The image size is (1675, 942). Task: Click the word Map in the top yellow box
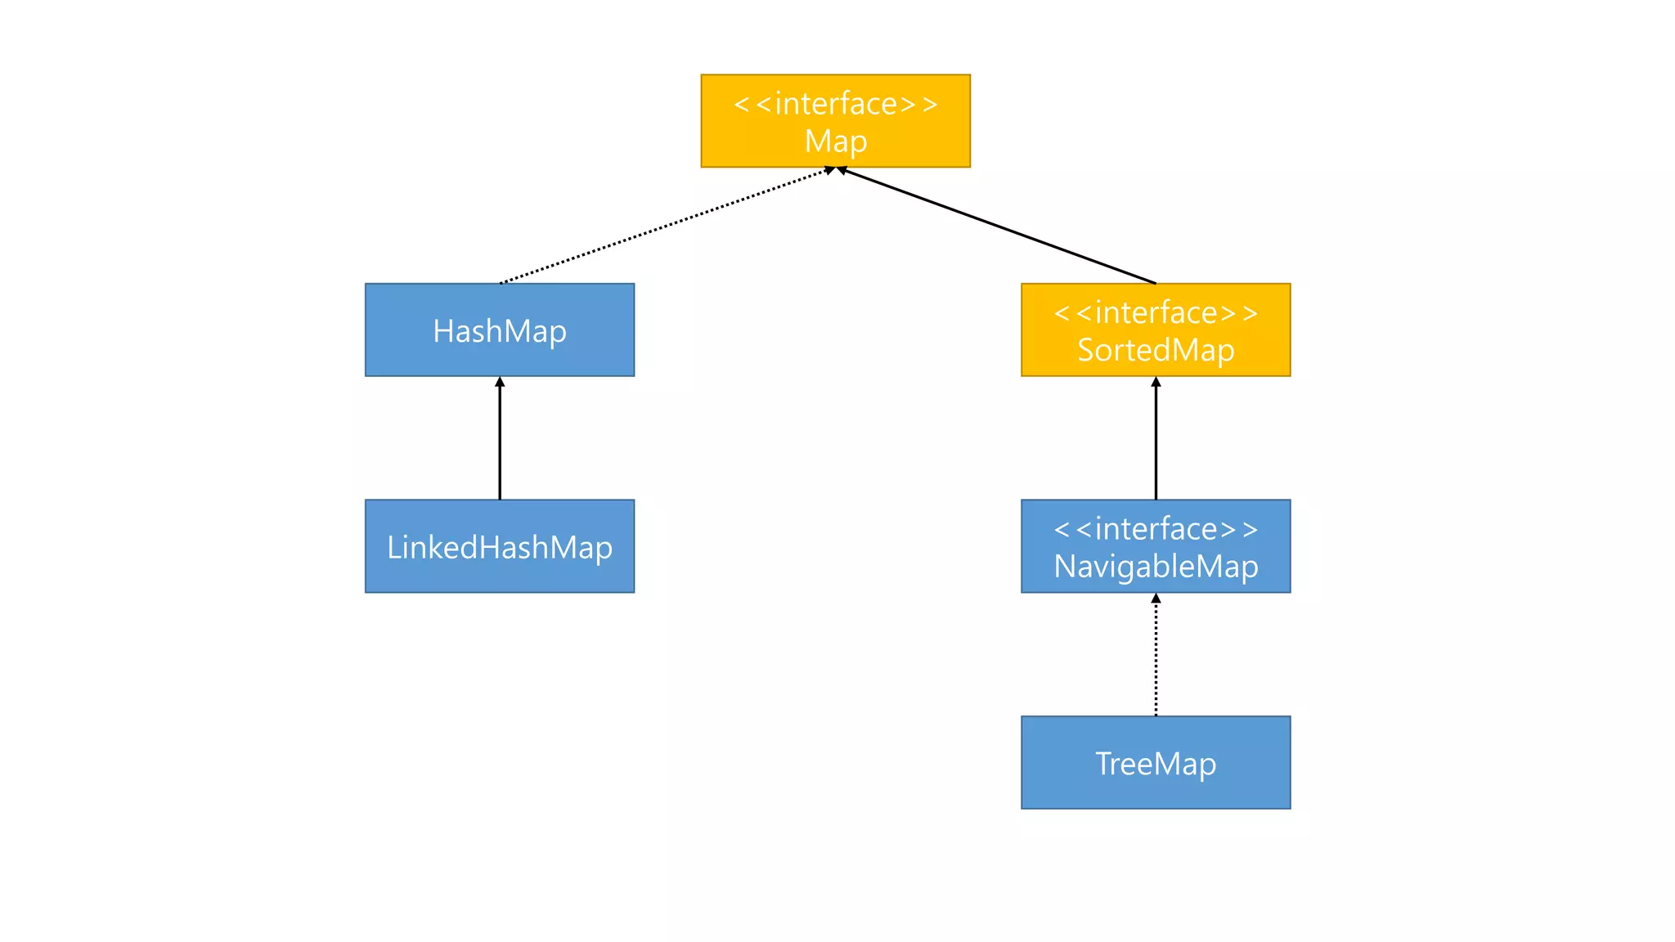tap(835, 141)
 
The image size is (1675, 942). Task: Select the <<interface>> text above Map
tap(835, 104)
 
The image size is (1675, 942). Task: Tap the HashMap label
tap(499, 331)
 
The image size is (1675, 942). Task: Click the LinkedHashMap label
tap(499, 547)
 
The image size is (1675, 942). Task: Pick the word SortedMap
tap(1155, 350)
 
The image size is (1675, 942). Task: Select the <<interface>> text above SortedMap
tap(1155, 312)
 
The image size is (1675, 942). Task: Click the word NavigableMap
tap(1155, 566)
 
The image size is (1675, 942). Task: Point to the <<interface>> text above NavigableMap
tap(1155, 529)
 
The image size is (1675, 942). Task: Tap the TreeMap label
tap(1155, 764)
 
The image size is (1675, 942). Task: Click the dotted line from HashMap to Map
tap(662, 227)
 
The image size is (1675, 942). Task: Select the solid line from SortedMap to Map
tap(998, 227)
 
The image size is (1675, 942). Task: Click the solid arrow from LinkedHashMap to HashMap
tap(500, 442)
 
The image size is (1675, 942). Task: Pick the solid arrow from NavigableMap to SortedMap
tap(1156, 442)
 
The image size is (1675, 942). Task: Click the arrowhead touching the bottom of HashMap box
tap(500, 382)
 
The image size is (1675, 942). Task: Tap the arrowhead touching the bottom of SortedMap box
tap(1156, 382)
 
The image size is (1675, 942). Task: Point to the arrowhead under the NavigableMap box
tap(1156, 599)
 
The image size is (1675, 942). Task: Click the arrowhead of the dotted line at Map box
tap(829, 170)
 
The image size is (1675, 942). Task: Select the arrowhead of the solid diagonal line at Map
tap(842, 170)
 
